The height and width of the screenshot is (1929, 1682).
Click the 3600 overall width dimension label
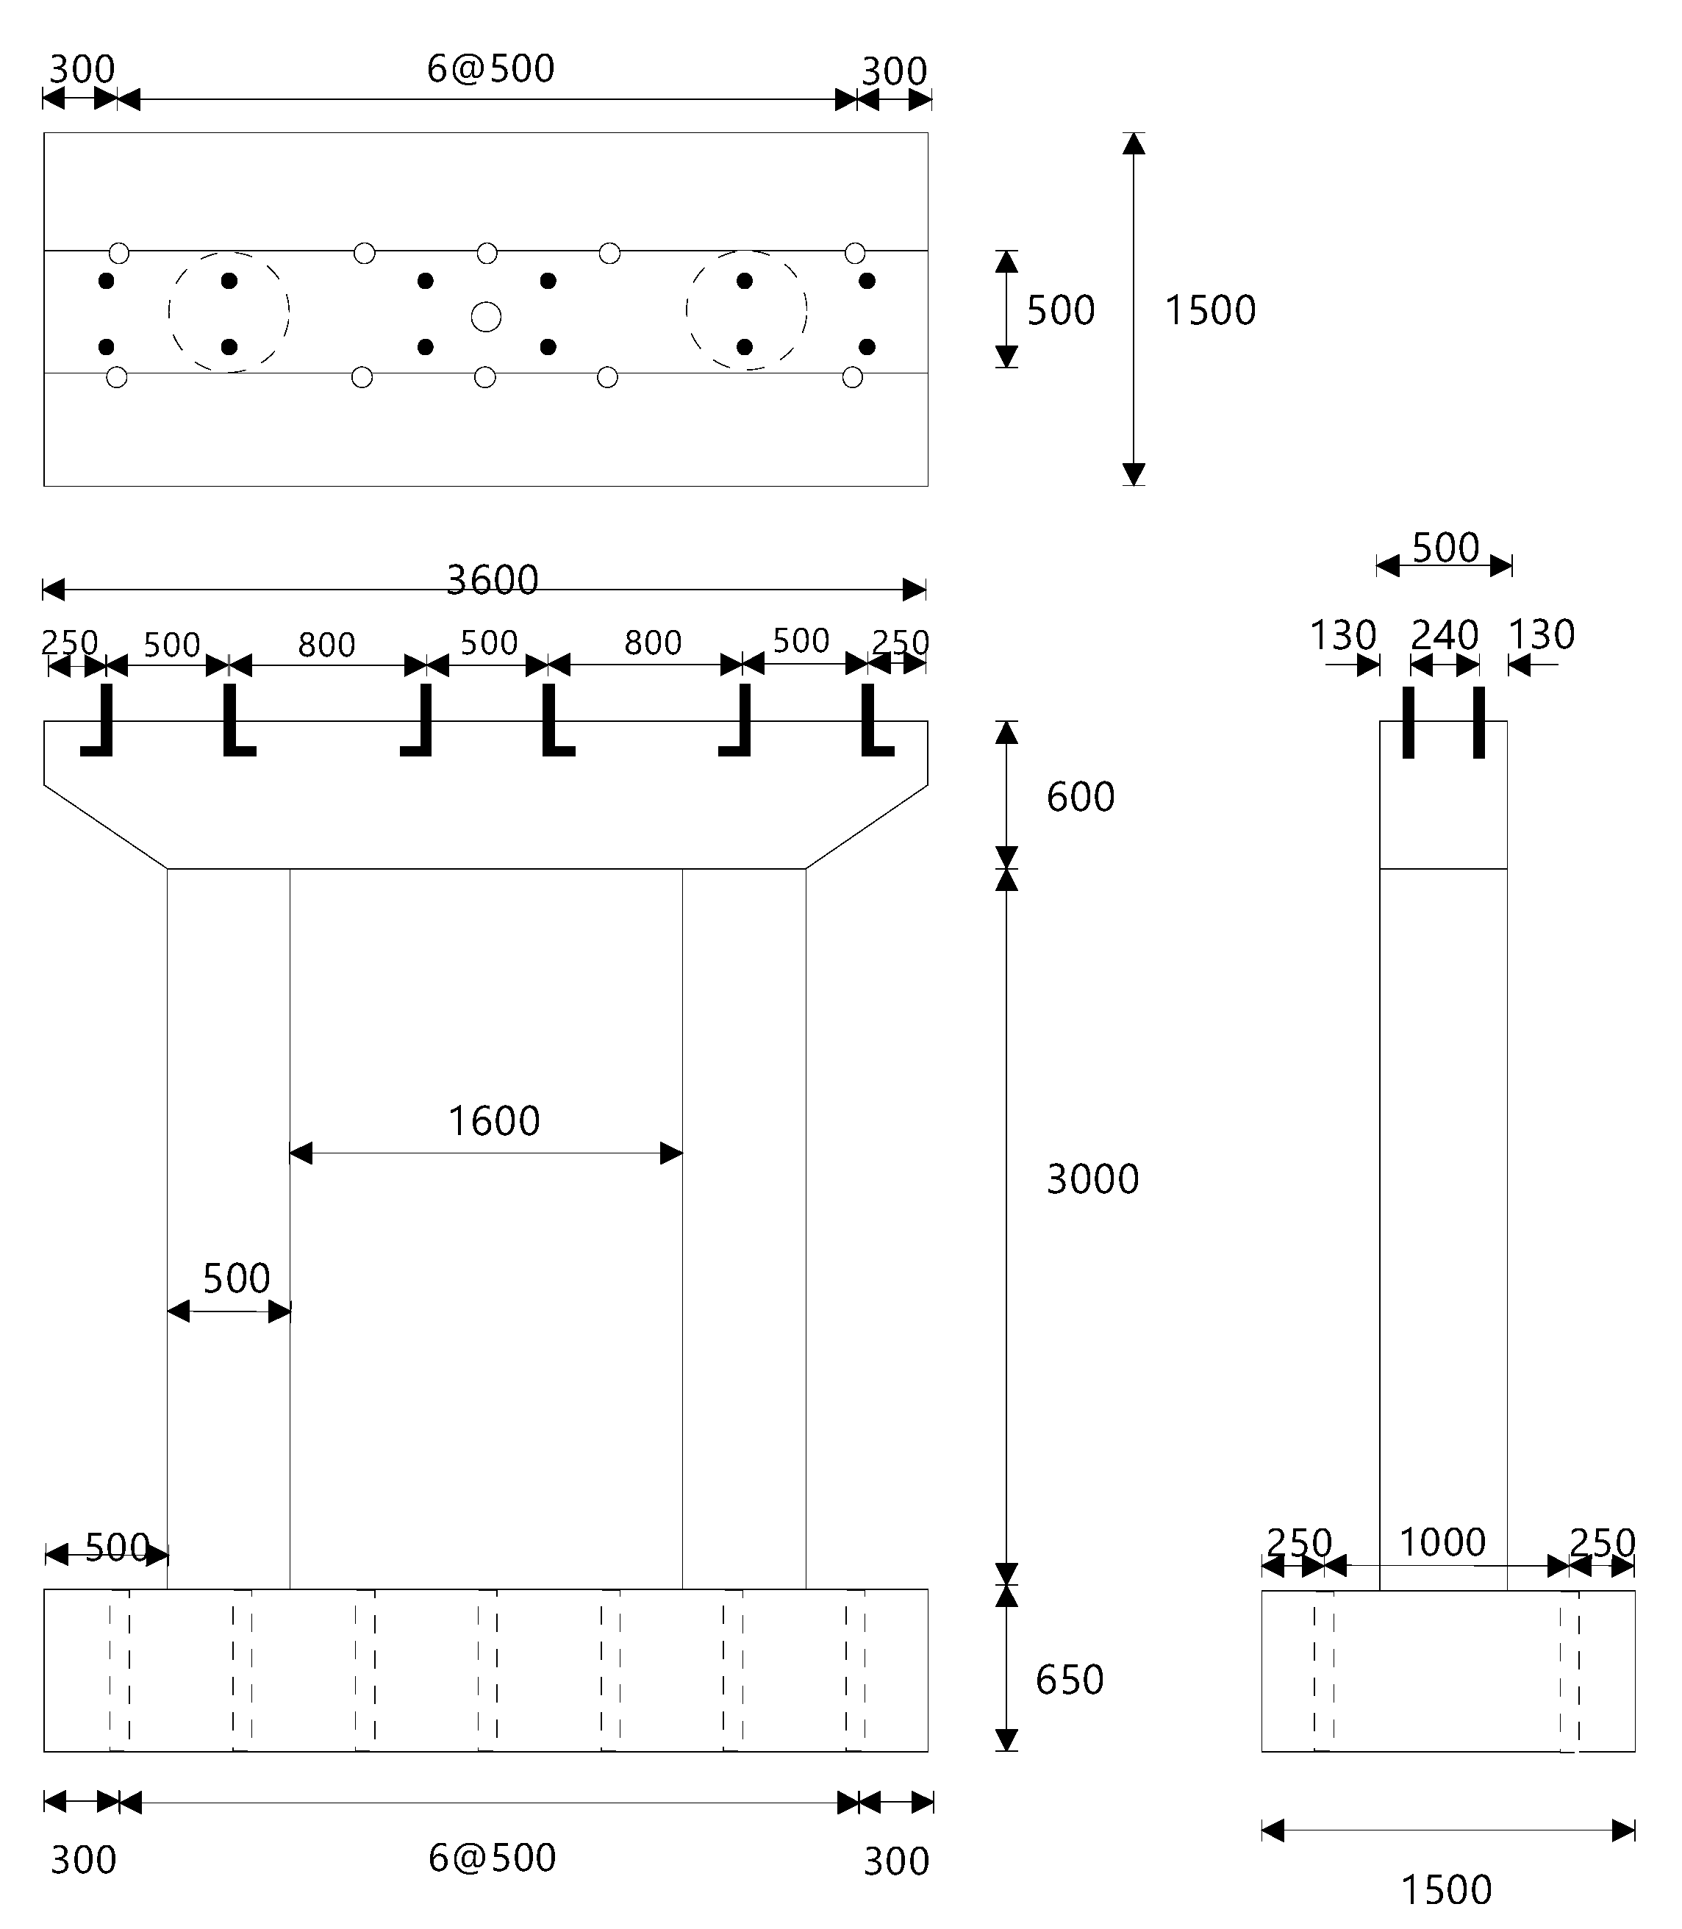(492, 580)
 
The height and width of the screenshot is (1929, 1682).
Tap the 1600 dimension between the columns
(494, 1121)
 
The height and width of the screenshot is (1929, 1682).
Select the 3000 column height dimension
(1092, 1179)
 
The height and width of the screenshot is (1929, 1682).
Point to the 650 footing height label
(1069, 1681)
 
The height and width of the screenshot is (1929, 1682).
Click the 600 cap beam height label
(1081, 797)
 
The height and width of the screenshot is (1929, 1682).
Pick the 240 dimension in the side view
(1445, 635)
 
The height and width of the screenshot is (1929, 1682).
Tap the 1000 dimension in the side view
(1442, 1542)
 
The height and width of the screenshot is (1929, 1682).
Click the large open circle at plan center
(485, 316)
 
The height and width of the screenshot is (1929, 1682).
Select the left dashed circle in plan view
(229, 312)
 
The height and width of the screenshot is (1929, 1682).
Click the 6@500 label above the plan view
(491, 68)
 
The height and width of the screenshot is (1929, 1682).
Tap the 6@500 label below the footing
(492, 1858)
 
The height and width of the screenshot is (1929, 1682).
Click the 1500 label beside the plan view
(1210, 311)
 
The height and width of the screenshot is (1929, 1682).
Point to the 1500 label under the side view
(1445, 1889)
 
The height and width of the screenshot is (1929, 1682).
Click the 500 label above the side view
(1445, 548)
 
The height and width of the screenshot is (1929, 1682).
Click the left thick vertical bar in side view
(1408, 722)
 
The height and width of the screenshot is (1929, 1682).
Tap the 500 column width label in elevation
(237, 1278)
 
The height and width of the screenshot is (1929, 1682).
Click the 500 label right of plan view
(1061, 311)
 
